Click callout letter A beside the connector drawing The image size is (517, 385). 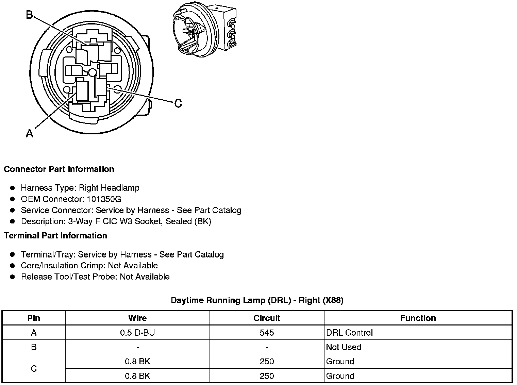[x=30, y=133]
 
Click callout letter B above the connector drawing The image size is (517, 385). [x=30, y=15]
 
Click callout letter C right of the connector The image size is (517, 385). [x=178, y=103]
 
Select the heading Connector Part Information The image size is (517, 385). [x=59, y=169]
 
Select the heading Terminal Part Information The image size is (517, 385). [x=55, y=236]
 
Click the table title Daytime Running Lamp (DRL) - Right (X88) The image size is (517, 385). [x=257, y=300]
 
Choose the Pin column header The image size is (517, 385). [x=34, y=318]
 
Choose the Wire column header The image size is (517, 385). [x=137, y=318]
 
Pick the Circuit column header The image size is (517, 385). [x=267, y=318]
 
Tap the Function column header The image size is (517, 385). [x=418, y=318]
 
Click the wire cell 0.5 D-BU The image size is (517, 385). [x=137, y=333]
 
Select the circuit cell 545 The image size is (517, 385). [x=267, y=333]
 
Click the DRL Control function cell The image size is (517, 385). [x=349, y=333]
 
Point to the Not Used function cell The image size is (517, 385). [x=344, y=347]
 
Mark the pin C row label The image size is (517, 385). [x=34, y=369]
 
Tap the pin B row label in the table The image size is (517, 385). [x=34, y=347]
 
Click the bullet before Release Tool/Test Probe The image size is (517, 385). [x=13, y=277]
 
